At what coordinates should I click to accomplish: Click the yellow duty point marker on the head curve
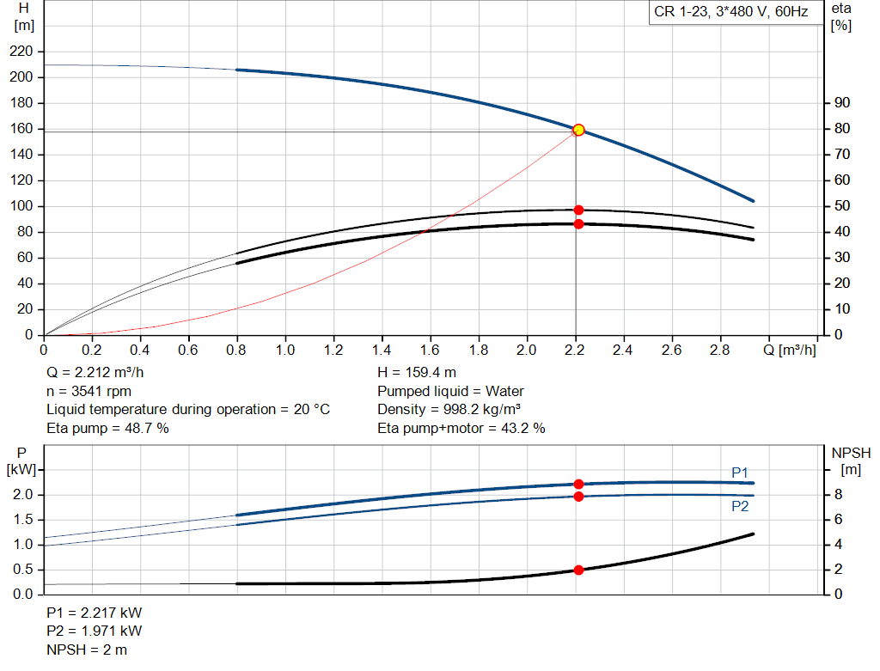coord(578,130)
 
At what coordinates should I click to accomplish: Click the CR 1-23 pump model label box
coord(730,12)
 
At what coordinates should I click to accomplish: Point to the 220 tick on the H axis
coord(22,52)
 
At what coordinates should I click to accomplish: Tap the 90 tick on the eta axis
coord(841,103)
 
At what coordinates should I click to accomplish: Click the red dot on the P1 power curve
coord(578,485)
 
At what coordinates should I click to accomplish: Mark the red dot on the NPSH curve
coord(578,570)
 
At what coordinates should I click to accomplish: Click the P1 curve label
coord(740,472)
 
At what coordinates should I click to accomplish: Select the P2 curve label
coord(740,506)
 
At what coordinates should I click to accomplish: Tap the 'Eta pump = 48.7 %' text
coord(107,427)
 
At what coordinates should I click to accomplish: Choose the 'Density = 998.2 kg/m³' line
coord(449,409)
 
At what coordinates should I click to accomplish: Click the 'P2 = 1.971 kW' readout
coord(94,631)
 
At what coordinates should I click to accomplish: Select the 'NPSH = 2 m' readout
coord(87,650)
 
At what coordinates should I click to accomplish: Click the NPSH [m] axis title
coord(851,461)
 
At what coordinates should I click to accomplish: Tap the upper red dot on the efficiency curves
coord(578,210)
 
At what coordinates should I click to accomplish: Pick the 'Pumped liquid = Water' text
coord(450,391)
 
